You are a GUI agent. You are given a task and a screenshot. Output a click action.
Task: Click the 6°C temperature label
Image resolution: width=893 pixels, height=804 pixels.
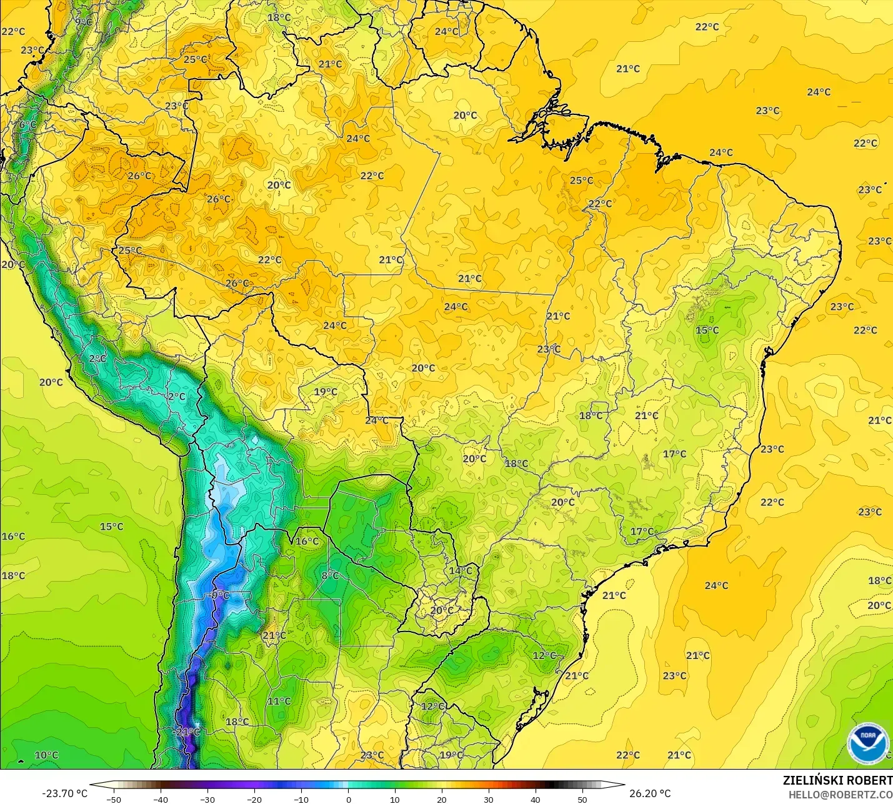tap(27, 125)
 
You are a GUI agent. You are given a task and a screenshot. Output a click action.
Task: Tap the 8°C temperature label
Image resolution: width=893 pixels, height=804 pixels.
tap(330, 575)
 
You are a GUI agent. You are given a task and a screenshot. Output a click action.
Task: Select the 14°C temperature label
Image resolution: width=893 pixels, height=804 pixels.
tap(461, 570)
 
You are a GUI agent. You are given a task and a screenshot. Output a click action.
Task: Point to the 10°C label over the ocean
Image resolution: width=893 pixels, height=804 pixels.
tap(46, 755)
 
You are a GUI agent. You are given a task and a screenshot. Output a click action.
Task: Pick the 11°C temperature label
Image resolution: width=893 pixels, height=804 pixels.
tap(279, 701)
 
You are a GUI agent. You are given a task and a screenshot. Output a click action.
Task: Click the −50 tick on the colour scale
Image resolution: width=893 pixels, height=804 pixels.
tap(114, 799)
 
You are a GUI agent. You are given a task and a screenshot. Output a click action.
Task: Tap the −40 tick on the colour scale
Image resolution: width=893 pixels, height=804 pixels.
tap(161, 799)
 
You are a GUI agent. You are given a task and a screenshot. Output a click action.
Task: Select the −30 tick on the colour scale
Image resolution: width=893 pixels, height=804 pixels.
tap(207, 799)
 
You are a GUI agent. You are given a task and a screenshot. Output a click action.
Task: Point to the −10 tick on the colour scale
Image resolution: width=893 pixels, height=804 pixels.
tap(301, 799)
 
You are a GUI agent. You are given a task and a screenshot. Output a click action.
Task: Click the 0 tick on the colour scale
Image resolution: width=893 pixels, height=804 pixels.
tap(348, 799)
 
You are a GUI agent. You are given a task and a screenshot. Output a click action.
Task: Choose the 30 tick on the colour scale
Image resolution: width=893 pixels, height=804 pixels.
tap(488, 799)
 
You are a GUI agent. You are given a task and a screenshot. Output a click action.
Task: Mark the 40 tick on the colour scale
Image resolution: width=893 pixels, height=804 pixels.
tap(535, 799)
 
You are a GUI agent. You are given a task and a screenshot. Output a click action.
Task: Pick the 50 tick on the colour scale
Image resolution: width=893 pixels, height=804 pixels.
tap(582, 799)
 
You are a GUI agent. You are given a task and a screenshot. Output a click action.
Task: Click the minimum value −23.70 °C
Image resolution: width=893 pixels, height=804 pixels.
tap(64, 793)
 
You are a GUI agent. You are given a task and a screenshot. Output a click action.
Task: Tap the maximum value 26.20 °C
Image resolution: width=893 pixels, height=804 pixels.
tap(650, 793)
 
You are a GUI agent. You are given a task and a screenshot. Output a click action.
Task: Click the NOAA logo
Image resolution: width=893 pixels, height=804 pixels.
tap(867, 743)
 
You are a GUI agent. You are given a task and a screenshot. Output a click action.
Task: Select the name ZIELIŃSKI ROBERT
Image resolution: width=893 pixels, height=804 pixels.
tap(837, 780)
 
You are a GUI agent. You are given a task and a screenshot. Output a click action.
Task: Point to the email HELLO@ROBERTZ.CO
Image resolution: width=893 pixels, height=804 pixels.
tap(841, 795)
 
